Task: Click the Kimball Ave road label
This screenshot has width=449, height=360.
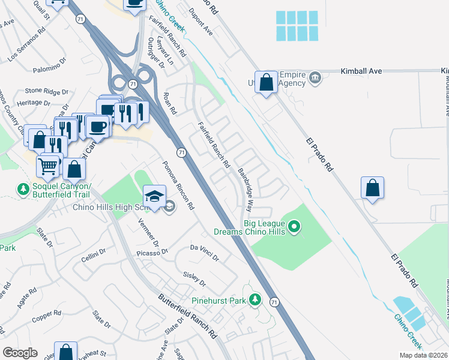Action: (361, 71)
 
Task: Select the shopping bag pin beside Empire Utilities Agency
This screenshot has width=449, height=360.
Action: (266, 83)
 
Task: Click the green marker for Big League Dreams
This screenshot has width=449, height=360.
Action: (294, 227)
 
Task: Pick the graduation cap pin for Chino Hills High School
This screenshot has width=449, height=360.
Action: (154, 196)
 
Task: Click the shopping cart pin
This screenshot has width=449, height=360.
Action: (48, 165)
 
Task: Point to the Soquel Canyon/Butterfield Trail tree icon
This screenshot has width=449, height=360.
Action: (23, 189)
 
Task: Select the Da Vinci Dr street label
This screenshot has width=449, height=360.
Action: (205, 252)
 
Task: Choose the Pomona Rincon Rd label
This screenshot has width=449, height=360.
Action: (178, 185)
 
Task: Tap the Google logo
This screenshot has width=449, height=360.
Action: (19, 353)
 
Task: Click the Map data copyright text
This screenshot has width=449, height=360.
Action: (422, 355)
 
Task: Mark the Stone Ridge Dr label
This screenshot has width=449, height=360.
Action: (46, 91)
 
